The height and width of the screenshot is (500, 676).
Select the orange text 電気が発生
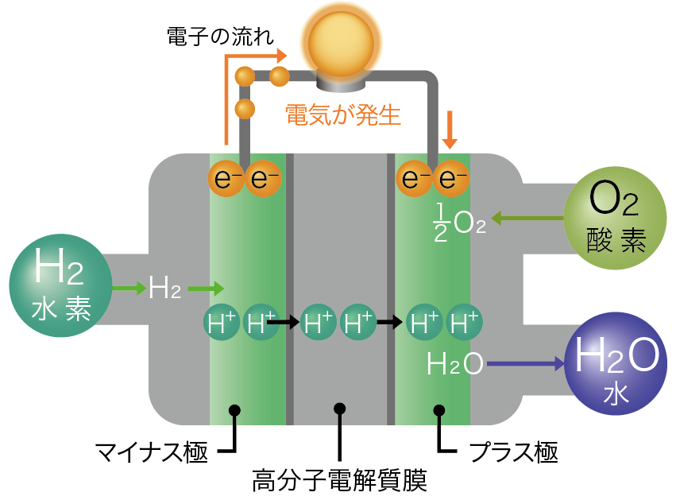pyautogui.click(x=343, y=116)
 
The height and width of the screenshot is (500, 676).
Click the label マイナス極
pyautogui.click(x=152, y=452)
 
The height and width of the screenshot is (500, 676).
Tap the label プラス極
pyautogui.click(x=513, y=452)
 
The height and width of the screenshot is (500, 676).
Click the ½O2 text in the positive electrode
pyautogui.click(x=459, y=220)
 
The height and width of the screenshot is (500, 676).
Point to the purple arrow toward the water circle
pyautogui.click(x=525, y=365)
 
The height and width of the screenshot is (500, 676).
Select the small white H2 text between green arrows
pyautogui.click(x=164, y=289)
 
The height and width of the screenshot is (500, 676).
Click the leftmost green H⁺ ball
pyautogui.click(x=221, y=323)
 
